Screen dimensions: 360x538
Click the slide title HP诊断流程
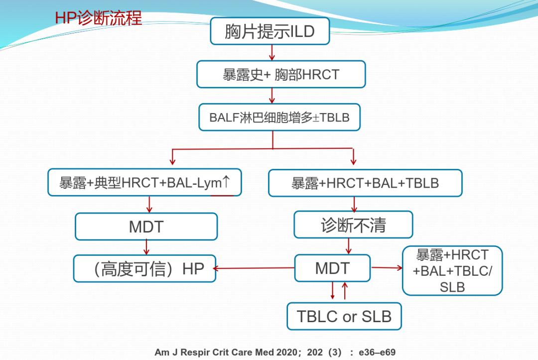tap(98, 18)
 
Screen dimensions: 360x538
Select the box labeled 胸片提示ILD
tap(269, 31)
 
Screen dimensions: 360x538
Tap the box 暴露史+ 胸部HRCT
tap(281, 74)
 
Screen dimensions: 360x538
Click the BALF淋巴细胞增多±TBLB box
tap(279, 118)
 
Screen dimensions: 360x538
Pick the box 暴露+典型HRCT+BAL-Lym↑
tap(144, 183)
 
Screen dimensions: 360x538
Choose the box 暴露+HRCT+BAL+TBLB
tap(365, 183)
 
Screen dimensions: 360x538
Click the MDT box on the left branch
tap(146, 227)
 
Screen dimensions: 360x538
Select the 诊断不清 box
tap(353, 225)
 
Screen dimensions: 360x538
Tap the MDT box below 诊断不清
tap(332, 268)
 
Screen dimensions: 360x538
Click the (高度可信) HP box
tap(144, 268)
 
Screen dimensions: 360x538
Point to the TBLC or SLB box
tap(344, 316)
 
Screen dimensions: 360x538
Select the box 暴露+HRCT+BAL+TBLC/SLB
tap(452, 270)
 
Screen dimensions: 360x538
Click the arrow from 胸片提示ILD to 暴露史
tap(272, 52)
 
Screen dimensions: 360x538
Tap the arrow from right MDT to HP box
tap(254, 268)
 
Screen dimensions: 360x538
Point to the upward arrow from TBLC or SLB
tap(344, 291)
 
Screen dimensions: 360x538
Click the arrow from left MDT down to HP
tap(146, 247)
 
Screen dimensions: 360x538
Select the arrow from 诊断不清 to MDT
tap(348, 246)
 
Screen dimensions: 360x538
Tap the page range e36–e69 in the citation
tap(378, 353)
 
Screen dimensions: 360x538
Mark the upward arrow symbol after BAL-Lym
tap(227, 182)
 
